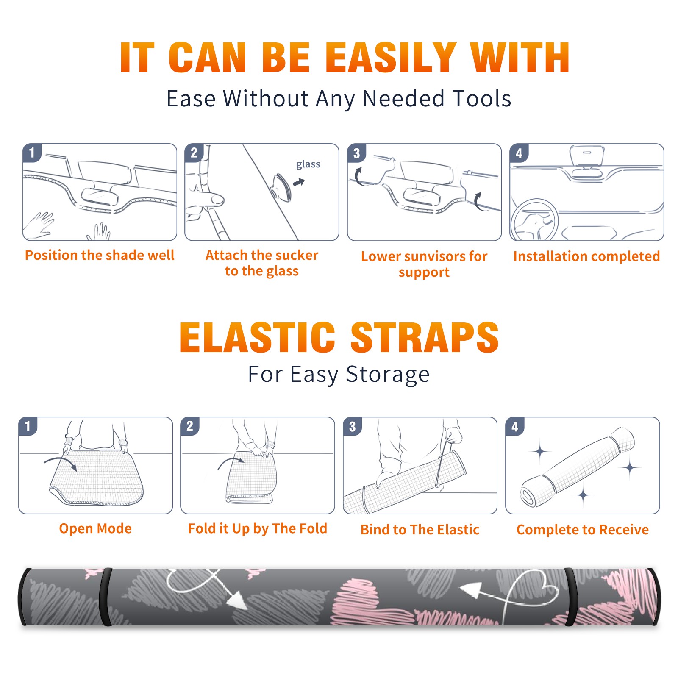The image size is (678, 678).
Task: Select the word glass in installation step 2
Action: (x=308, y=164)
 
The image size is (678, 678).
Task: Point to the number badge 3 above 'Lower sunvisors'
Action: (x=356, y=153)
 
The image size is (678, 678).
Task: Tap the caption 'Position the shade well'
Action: (x=100, y=255)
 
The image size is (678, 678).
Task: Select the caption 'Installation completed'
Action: (x=586, y=256)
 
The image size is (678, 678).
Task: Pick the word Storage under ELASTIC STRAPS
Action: (x=388, y=375)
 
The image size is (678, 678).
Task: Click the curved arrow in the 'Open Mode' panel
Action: (x=61, y=463)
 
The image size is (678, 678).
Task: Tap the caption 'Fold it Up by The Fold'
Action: (x=258, y=528)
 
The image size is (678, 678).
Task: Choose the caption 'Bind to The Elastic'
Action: (x=420, y=530)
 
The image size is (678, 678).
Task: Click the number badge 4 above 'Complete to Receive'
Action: (x=515, y=426)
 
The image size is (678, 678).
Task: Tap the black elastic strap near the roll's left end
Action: (x=106, y=597)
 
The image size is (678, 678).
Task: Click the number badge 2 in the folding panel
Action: (x=190, y=426)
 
